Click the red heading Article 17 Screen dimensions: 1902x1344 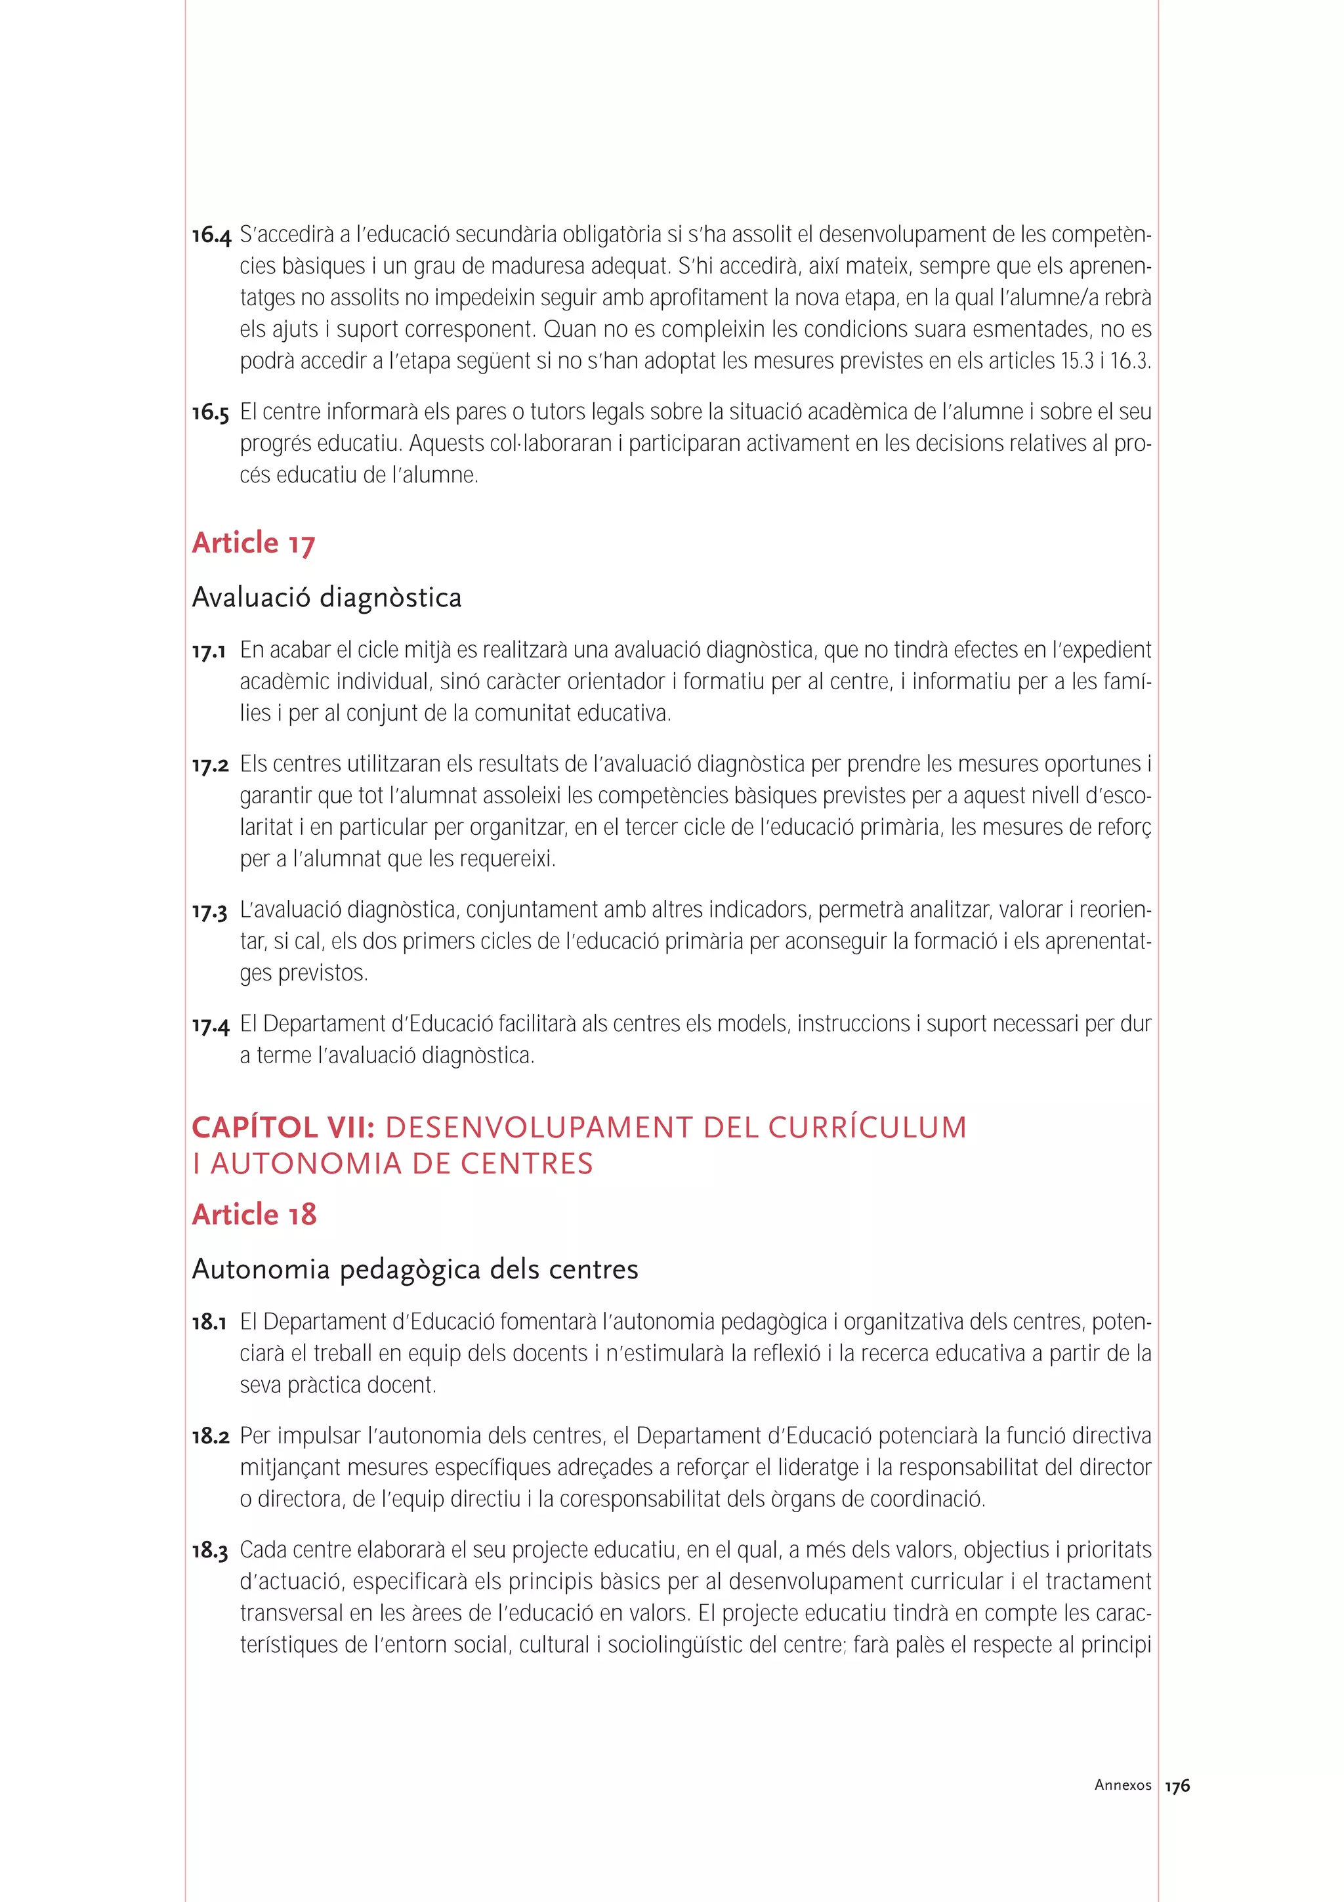253,543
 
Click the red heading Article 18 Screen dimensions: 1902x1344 254,1214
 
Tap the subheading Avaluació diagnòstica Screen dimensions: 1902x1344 326,597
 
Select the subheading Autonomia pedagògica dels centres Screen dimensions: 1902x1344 415,1269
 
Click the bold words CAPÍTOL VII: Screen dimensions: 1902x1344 284,1128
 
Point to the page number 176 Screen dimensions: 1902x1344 1177,1786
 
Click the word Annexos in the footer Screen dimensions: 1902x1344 1122,1785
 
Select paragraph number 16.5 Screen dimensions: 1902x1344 211,413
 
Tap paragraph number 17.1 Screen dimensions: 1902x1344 209,652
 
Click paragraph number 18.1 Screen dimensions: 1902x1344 209,1323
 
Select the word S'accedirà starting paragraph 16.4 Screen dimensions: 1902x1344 287,235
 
